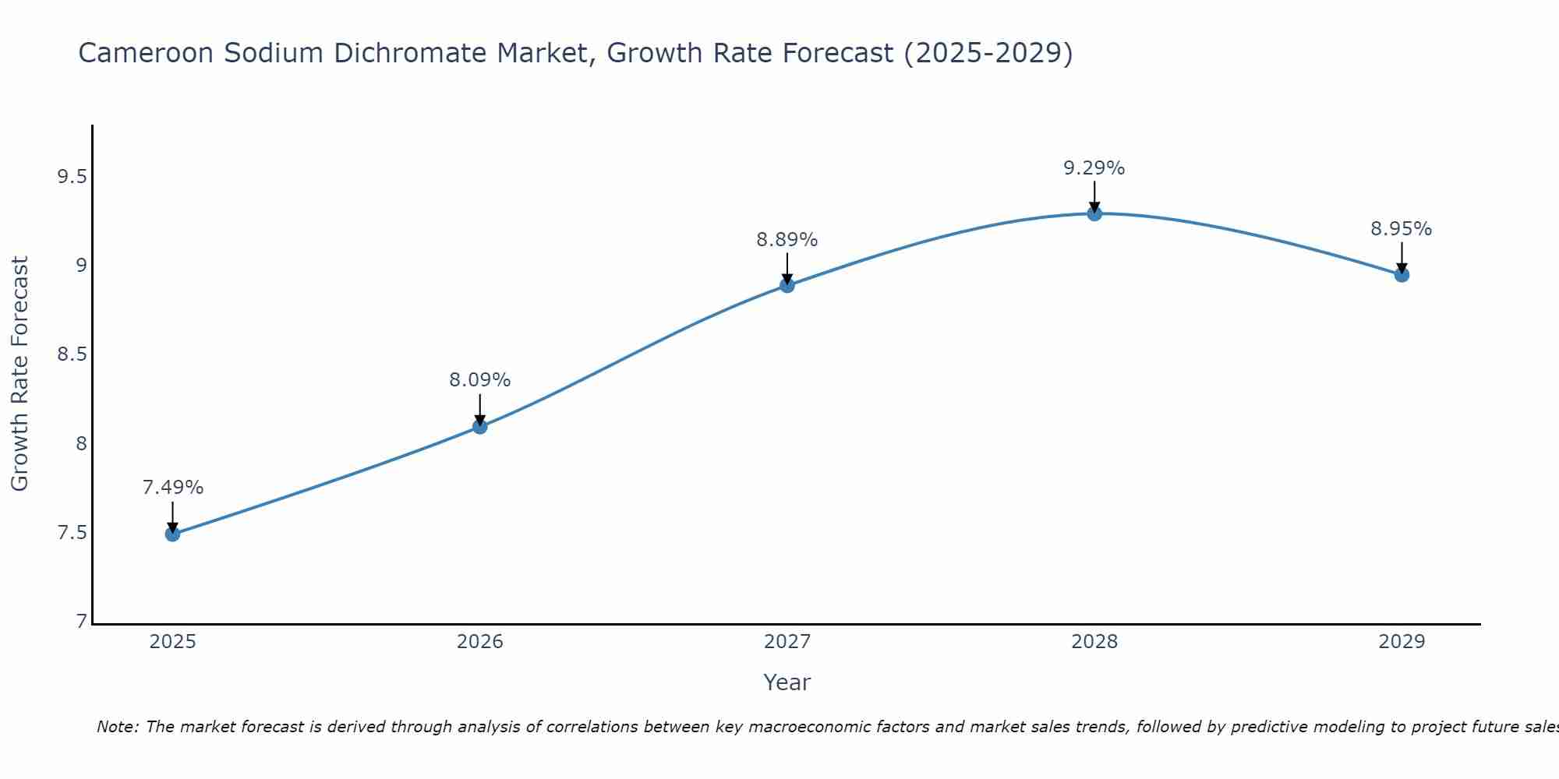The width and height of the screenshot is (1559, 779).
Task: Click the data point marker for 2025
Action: (x=172, y=534)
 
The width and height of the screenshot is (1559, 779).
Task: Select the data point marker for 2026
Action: (x=479, y=426)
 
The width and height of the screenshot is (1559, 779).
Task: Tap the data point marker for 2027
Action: (x=787, y=285)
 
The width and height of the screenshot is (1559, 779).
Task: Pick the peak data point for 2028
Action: (x=1094, y=213)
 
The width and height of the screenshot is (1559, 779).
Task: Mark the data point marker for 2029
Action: (x=1401, y=274)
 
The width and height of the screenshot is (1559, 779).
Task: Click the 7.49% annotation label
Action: (x=172, y=488)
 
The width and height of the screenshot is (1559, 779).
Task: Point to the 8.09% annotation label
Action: (x=479, y=380)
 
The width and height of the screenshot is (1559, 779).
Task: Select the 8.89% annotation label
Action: (x=787, y=240)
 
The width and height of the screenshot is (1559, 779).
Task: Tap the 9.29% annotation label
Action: (x=1094, y=168)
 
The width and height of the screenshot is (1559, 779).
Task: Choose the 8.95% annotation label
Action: (x=1401, y=229)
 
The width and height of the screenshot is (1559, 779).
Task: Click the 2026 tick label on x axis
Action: (x=479, y=642)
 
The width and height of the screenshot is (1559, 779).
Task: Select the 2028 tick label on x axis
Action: (x=1094, y=642)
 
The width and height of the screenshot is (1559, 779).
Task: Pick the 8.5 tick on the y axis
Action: (x=71, y=355)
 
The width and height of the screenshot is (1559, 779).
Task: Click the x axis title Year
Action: (x=787, y=682)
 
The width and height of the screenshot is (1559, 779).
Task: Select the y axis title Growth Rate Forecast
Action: (x=19, y=374)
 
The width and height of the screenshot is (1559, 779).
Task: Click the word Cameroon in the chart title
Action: (x=146, y=53)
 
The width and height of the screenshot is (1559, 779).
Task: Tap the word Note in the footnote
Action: (x=117, y=727)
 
